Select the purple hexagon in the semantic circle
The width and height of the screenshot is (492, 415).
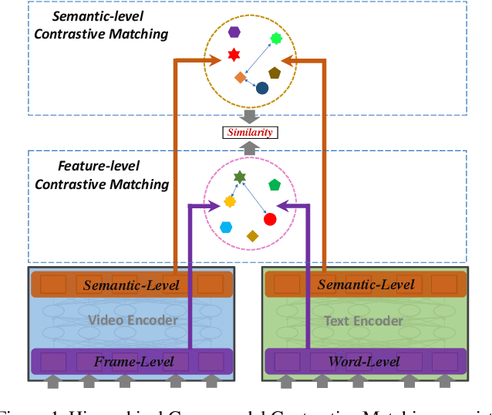click(234, 32)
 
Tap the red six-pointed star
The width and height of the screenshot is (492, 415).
click(234, 55)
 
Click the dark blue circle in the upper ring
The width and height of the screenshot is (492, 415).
click(262, 88)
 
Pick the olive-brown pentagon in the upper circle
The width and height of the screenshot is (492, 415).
click(275, 73)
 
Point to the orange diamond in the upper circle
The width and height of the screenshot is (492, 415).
click(241, 77)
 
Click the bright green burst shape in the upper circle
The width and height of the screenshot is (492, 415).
click(275, 38)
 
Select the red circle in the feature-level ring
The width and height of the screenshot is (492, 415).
click(270, 219)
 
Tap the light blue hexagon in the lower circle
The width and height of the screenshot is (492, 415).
click(226, 227)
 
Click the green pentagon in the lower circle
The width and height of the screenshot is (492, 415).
click(275, 185)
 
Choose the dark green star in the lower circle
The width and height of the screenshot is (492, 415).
click(240, 177)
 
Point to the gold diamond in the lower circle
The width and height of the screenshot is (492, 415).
click(251, 236)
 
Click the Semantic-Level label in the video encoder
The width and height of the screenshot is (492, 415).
click(130, 285)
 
